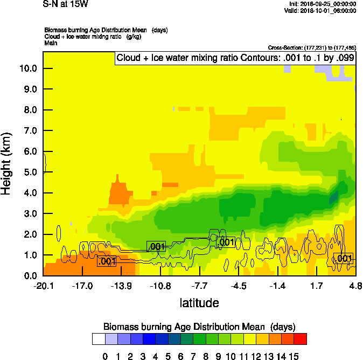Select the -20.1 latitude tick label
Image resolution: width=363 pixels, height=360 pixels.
43,286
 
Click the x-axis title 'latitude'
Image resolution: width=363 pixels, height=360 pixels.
199,303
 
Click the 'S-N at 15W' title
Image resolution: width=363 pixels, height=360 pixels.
66,4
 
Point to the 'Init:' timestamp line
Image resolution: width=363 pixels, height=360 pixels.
323,4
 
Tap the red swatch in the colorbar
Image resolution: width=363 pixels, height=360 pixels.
301,339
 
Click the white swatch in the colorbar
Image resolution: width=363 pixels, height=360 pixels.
98,339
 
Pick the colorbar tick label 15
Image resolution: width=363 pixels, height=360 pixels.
294,356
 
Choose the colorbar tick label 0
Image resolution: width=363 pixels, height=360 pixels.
105,356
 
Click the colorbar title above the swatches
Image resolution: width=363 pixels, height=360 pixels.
199,327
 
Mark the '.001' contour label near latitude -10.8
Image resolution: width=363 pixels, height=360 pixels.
156,246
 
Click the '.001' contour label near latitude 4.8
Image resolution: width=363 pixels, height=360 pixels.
343,259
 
